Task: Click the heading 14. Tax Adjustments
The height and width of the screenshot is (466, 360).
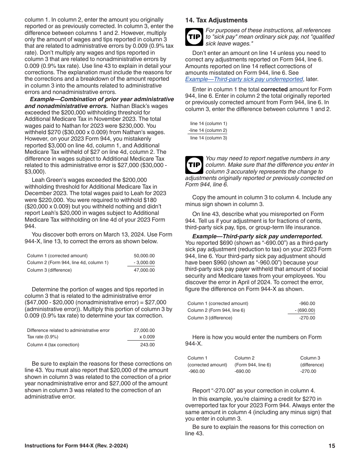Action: [x=216, y=20]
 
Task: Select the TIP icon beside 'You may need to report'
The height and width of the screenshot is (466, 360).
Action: [x=194, y=165]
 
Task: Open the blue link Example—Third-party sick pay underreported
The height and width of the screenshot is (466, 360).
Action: [x=244, y=79]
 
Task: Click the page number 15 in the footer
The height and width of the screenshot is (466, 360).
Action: [x=332, y=446]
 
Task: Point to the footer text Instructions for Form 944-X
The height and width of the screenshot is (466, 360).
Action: [x=76, y=446]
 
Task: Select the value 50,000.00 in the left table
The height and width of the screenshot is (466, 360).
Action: [x=144, y=256]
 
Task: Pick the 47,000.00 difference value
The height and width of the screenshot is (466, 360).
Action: [x=144, y=270]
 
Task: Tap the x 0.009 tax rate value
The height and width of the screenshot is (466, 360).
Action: [x=147, y=337]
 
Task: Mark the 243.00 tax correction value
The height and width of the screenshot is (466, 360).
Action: [x=147, y=345]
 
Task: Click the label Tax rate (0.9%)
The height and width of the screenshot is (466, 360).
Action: [x=42, y=337]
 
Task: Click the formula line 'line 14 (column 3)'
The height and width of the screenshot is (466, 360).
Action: [x=208, y=138]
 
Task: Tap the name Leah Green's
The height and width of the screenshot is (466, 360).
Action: [x=48, y=180]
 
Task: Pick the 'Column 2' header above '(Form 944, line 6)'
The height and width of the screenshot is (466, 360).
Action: [x=244, y=358]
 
